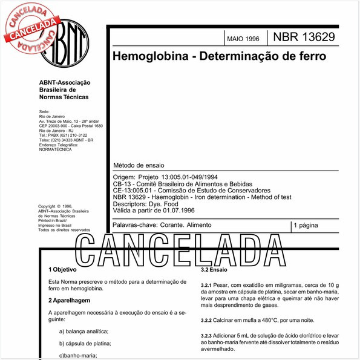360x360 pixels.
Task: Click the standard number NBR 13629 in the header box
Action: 304,38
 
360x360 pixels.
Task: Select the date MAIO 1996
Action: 243,39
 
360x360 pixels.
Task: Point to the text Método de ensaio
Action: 139,165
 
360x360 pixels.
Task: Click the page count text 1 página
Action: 306,225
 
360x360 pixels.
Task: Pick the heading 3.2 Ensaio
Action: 214,269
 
